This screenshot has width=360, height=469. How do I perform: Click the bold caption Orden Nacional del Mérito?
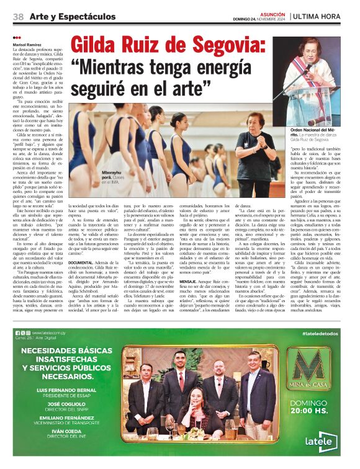point(320,130)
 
